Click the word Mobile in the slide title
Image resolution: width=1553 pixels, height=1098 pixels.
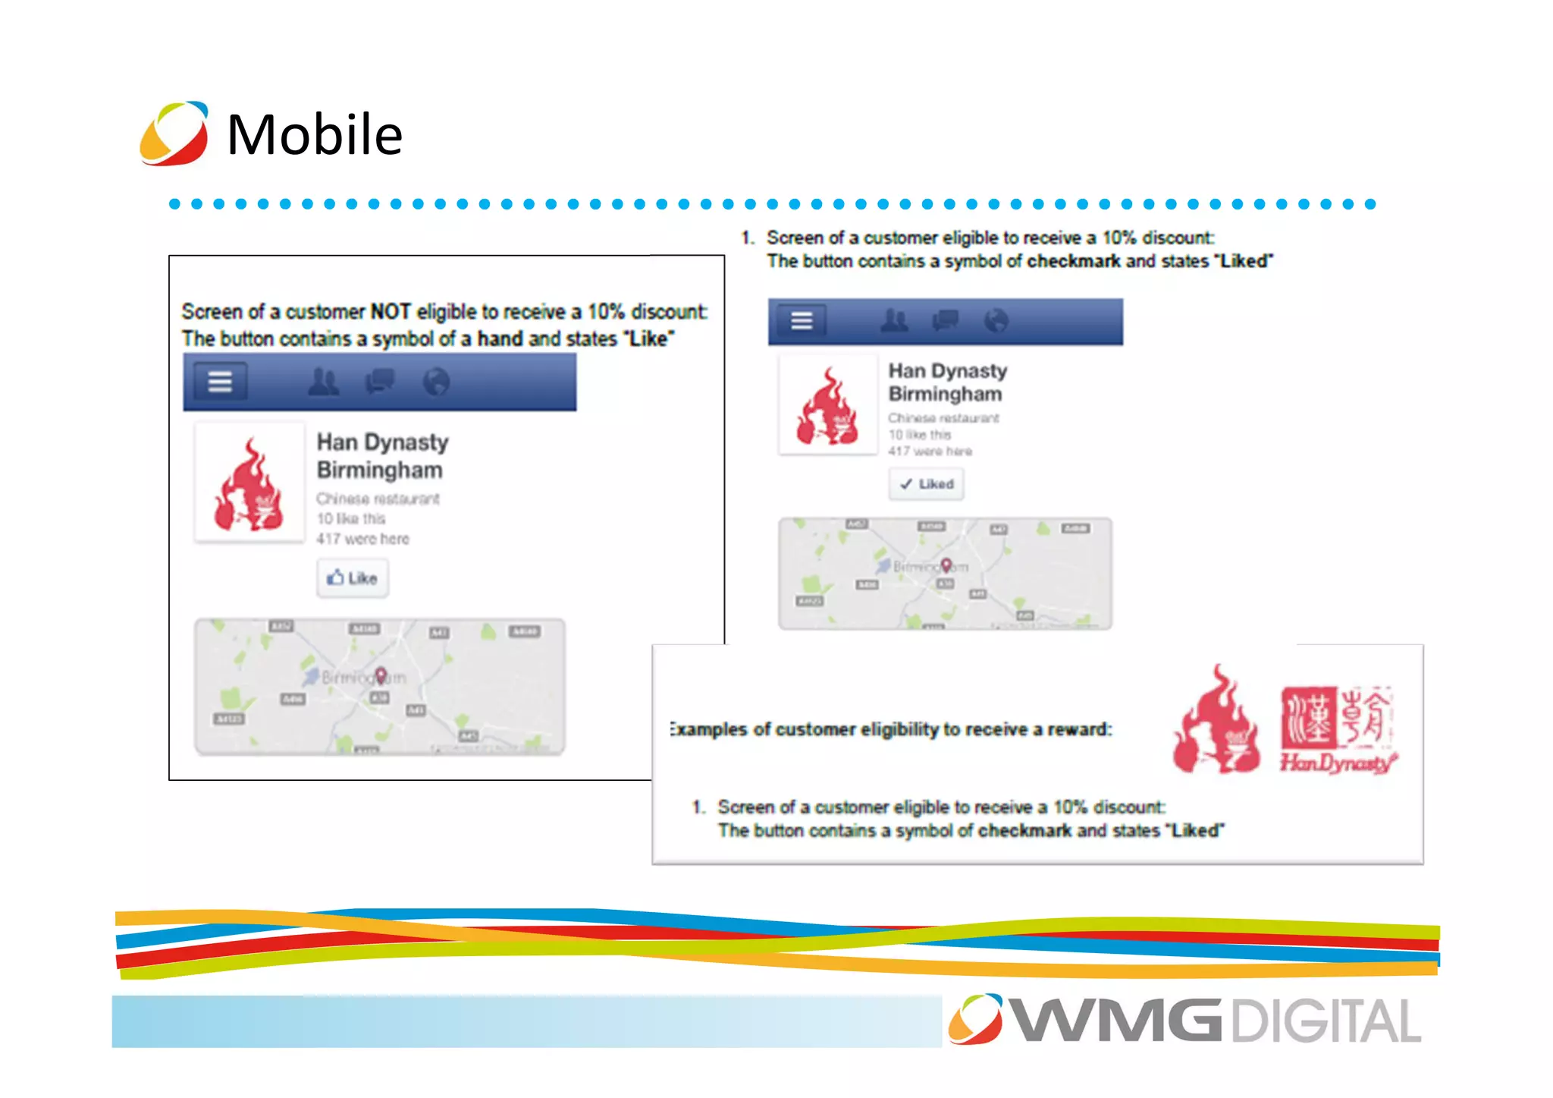click(x=315, y=134)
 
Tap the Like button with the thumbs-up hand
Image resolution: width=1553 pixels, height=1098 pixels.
click(x=353, y=578)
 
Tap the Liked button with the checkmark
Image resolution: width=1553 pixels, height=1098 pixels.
click(x=926, y=484)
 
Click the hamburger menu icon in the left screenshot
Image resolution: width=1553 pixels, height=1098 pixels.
click(x=220, y=381)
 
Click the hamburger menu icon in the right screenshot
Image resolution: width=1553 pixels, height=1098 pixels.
click(x=802, y=321)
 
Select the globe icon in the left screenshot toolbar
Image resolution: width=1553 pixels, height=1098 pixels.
click(x=436, y=381)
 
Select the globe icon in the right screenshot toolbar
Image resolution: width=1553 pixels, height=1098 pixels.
click(x=996, y=321)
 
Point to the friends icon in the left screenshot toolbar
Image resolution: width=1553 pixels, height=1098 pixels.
click(x=324, y=381)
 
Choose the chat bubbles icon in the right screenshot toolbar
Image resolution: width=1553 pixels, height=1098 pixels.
click(x=945, y=321)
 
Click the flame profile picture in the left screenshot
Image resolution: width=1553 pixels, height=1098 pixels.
click(x=249, y=483)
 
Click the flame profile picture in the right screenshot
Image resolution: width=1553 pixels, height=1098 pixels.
click(x=827, y=406)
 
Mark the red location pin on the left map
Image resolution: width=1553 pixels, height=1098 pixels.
click(x=381, y=674)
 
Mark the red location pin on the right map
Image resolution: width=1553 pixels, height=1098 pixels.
click(x=946, y=565)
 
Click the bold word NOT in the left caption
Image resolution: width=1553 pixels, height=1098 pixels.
click(x=390, y=312)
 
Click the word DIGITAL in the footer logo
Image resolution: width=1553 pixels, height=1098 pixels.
click(x=1326, y=1021)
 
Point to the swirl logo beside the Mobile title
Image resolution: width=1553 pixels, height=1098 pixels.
click(x=174, y=134)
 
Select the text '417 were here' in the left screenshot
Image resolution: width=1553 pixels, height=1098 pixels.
click(x=362, y=539)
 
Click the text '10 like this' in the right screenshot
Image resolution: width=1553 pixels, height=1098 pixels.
click(x=919, y=435)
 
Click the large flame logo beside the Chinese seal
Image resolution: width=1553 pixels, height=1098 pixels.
click(x=1216, y=721)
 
